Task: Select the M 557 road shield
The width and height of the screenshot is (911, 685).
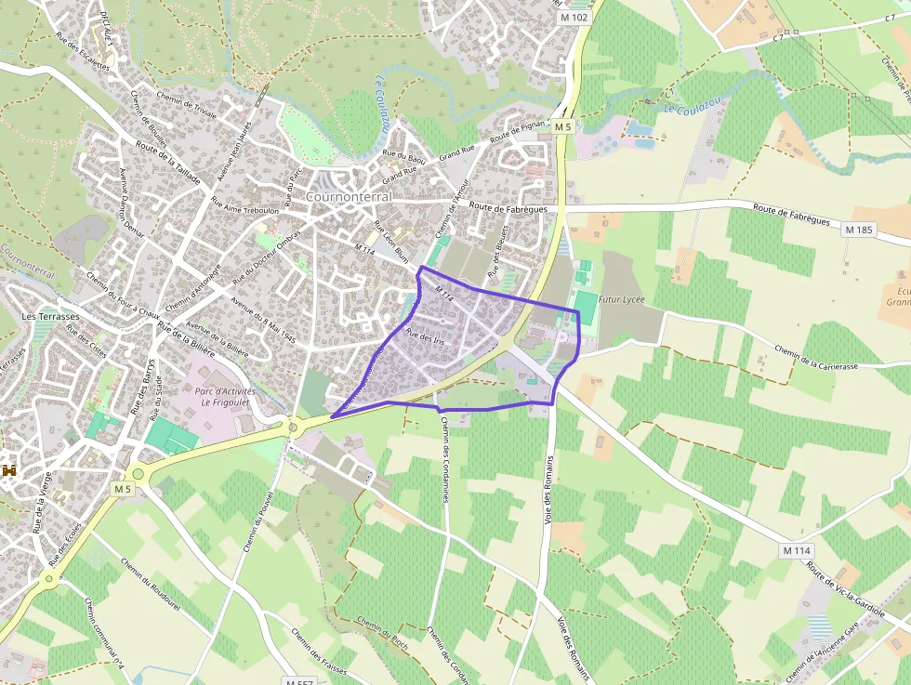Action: [x=299, y=681]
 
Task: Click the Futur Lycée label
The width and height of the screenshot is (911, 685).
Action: [x=622, y=300]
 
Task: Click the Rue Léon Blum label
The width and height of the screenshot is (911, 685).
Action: [x=390, y=241]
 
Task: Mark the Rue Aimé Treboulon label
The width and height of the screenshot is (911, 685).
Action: [x=244, y=210]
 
